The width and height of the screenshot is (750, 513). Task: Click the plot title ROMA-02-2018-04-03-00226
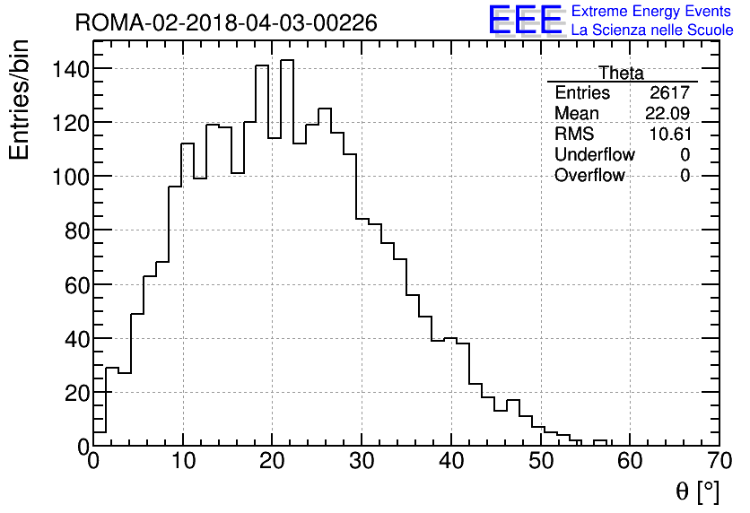click(226, 22)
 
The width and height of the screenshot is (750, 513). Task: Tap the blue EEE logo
click(526, 21)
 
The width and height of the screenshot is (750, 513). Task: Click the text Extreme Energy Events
click(650, 12)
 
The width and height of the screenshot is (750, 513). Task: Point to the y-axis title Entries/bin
click(20, 100)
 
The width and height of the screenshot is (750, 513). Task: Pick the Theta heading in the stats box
click(621, 74)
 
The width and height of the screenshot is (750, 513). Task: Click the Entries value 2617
click(670, 93)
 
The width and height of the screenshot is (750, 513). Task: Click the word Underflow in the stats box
click(594, 155)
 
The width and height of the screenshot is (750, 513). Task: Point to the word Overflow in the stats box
click(589, 176)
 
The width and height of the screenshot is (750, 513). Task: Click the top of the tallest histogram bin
click(287, 60)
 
